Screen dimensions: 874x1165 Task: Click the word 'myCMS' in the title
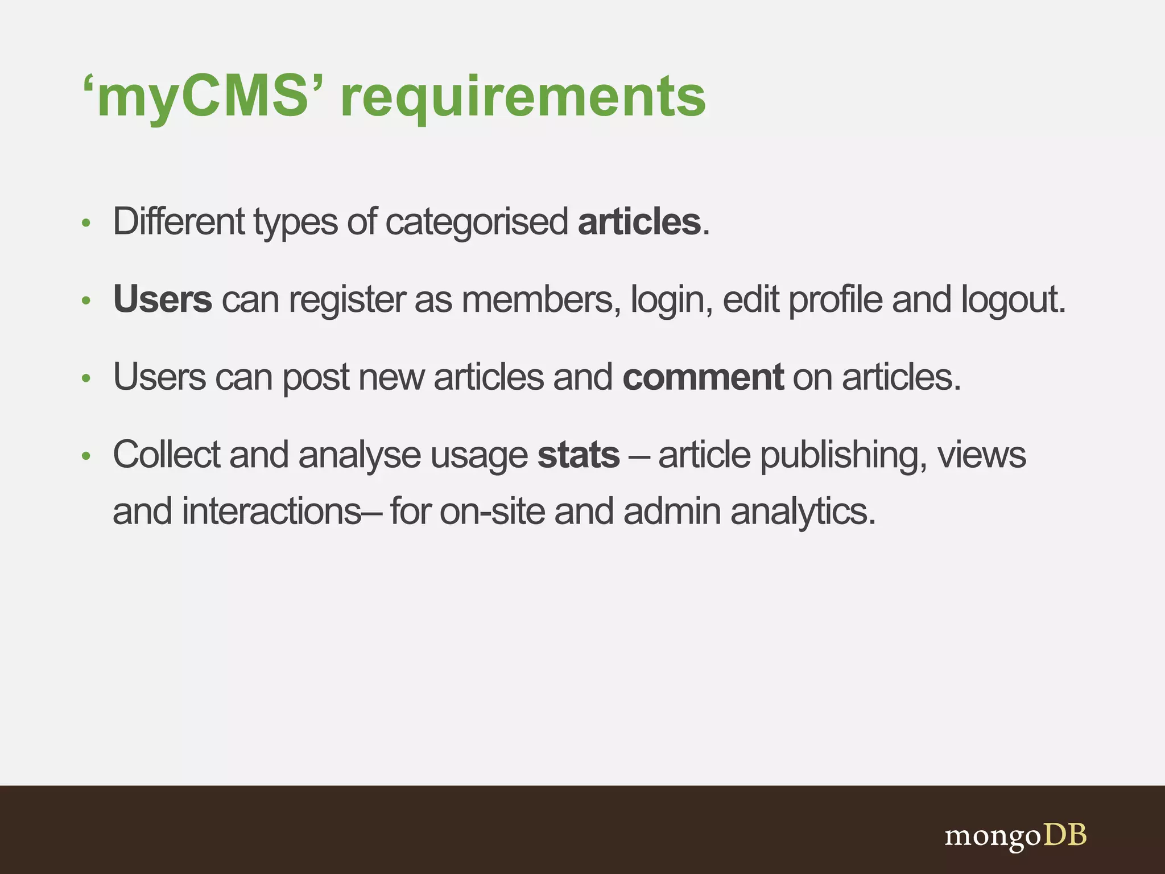202,98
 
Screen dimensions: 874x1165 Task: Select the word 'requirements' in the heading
523,98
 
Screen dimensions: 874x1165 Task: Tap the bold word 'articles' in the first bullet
639,221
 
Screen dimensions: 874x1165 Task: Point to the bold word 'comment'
703,377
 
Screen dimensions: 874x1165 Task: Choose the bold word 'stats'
579,455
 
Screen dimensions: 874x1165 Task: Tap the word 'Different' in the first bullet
179,221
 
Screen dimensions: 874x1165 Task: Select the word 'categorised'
477,221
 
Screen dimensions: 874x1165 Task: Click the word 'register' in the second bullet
346,299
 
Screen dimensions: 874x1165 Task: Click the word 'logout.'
1013,299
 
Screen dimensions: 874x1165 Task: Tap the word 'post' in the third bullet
316,378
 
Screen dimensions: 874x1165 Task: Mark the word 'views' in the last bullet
982,455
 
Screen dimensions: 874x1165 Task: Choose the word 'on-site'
492,512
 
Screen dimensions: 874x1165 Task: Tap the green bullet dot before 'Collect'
86,456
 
